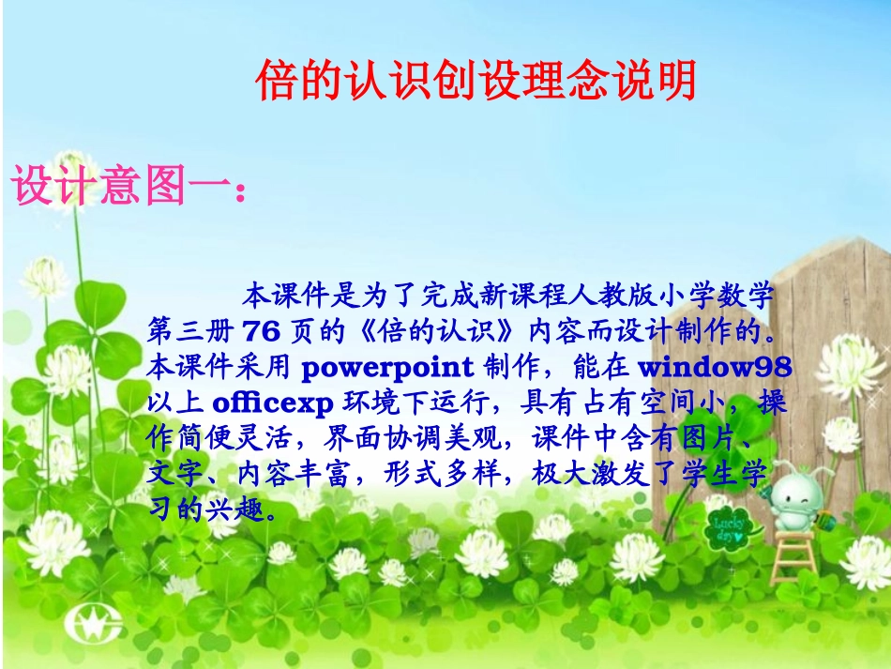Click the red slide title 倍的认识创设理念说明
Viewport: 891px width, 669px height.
[476, 83]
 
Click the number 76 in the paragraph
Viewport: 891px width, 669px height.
[261, 331]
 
